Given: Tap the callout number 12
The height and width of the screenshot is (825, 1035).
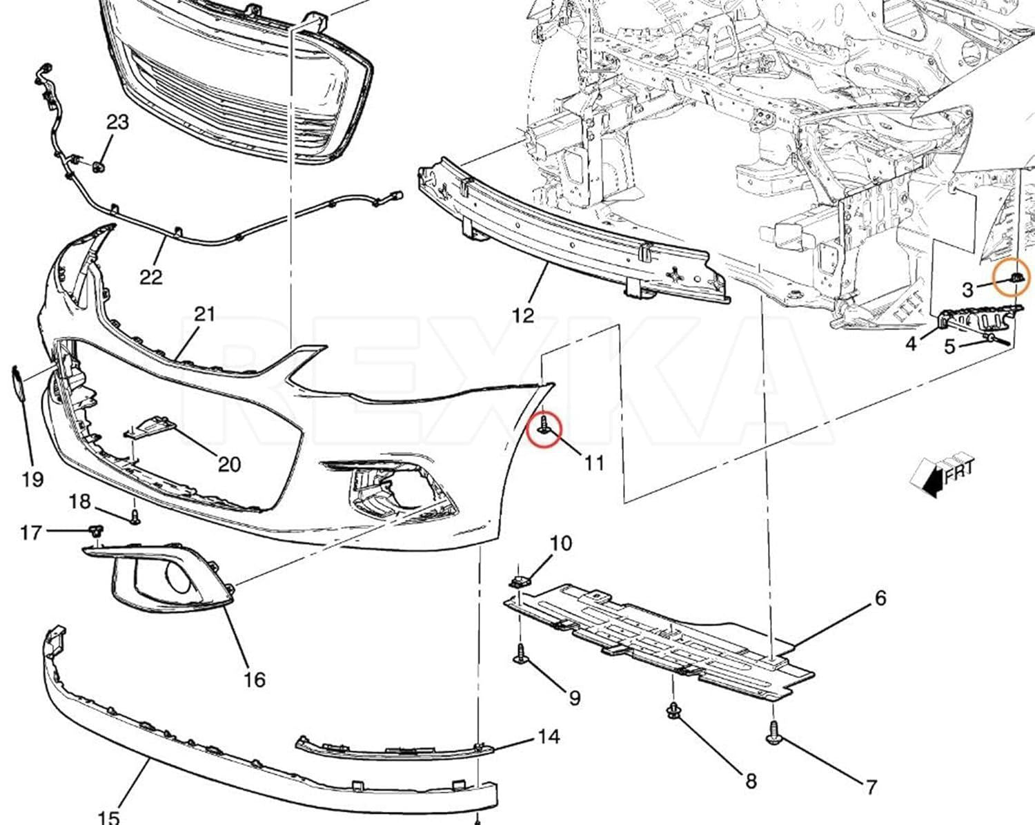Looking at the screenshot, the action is point(523,316).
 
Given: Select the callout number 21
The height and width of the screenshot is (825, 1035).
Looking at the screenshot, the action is point(204,314).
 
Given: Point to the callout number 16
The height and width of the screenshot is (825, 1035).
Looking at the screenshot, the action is point(255,679).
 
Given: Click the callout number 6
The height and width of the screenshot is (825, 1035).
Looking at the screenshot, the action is point(880,599).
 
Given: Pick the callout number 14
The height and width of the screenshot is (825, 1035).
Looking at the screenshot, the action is point(549,737).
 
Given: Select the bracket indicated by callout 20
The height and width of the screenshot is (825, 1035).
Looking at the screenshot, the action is point(150,427).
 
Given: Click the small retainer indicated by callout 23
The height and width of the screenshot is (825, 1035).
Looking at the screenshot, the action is point(99,167).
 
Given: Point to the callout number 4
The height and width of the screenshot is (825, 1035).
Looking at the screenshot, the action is point(911,344).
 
